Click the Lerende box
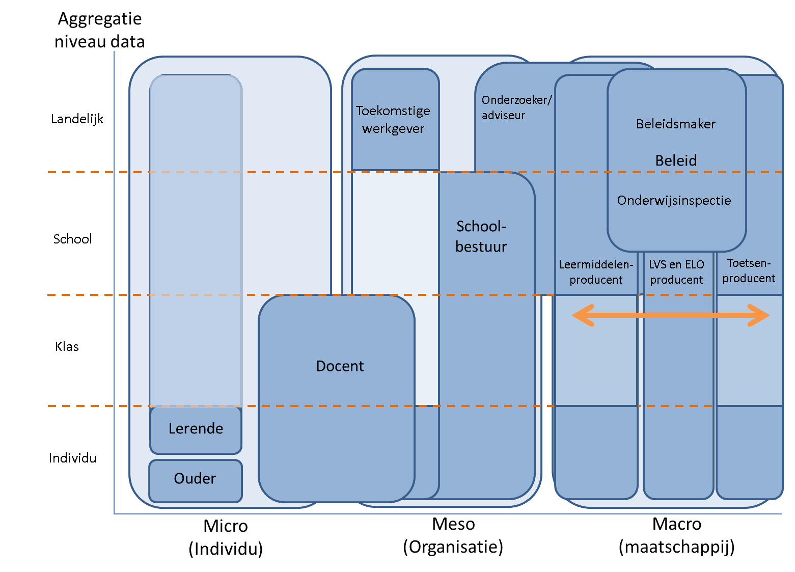coord(196,429)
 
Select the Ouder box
coord(195,479)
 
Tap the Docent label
coord(340,366)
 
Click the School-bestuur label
coord(481,236)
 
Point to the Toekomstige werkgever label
coord(393,120)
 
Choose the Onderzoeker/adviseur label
coord(516,107)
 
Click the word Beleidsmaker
coord(676,124)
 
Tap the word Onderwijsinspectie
coord(674,201)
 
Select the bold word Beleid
coord(676,161)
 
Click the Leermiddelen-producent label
coord(596,272)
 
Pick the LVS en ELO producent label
coord(676,272)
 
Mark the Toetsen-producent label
coord(749,270)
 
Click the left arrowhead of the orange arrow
coord(581,316)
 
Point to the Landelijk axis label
coord(77,119)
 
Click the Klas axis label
coord(67,347)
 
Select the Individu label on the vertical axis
coord(72,458)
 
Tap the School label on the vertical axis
coord(72,239)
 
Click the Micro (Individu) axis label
coord(226,537)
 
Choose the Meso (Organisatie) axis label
coord(453,536)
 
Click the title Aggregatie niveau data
coord(100,30)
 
